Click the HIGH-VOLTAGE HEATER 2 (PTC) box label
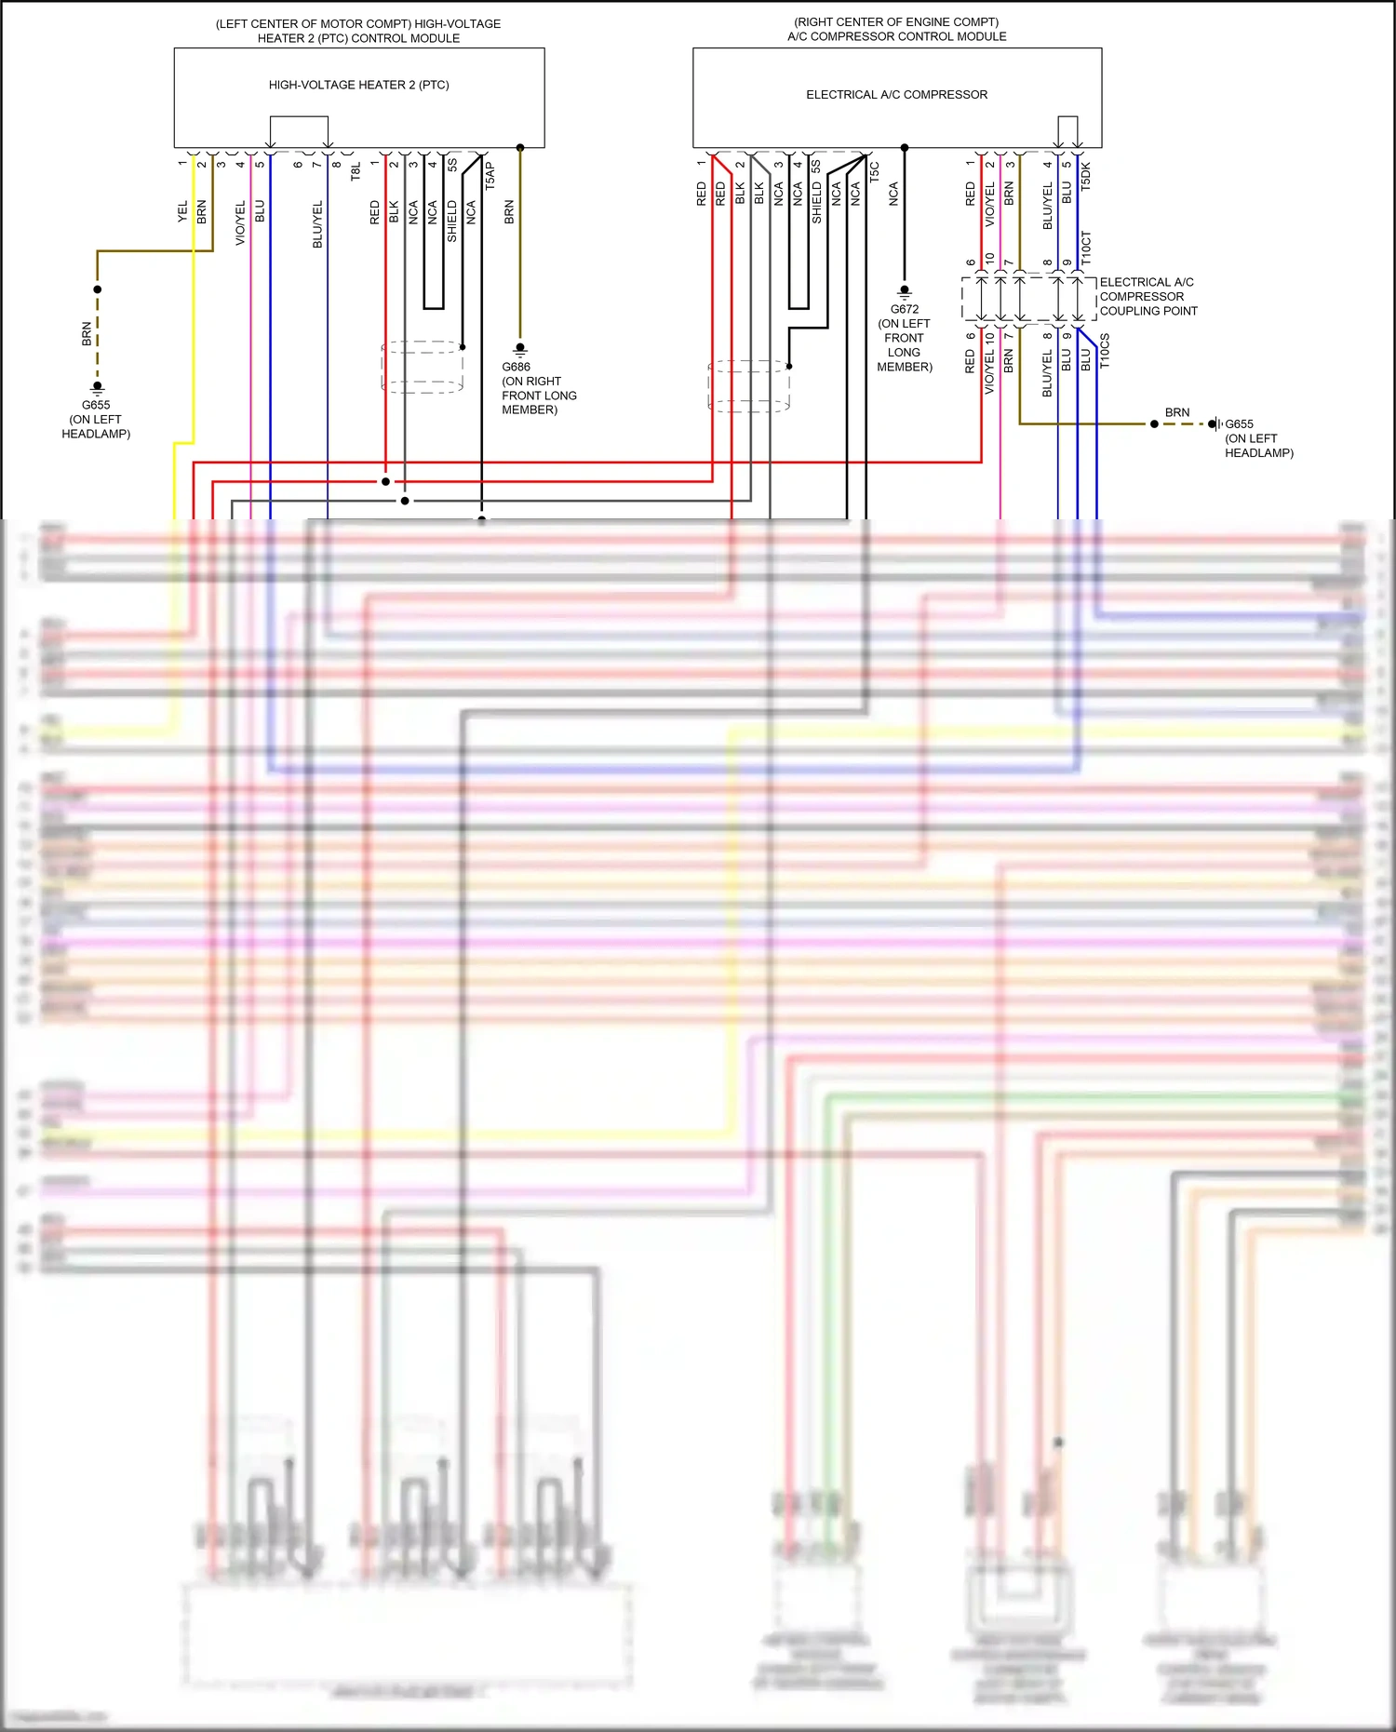tap(358, 85)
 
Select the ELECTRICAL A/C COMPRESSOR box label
tap(896, 95)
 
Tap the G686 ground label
tap(516, 367)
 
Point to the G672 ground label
tap(904, 309)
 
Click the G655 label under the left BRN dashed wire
tap(96, 405)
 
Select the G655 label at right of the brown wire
tap(1239, 424)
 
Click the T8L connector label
tap(356, 171)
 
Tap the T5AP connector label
tap(490, 175)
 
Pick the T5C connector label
tap(874, 171)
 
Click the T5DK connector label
tap(1085, 176)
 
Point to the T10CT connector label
tap(1086, 248)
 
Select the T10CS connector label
tap(1105, 351)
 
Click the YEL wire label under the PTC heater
tap(182, 211)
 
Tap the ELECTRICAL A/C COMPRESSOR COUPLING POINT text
tap(1148, 297)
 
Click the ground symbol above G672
tap(904, 291)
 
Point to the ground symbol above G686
tap(520, 349)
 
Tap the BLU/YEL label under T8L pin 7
tap(317, 223)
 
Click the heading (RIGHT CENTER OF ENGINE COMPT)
tap(896, 21)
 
